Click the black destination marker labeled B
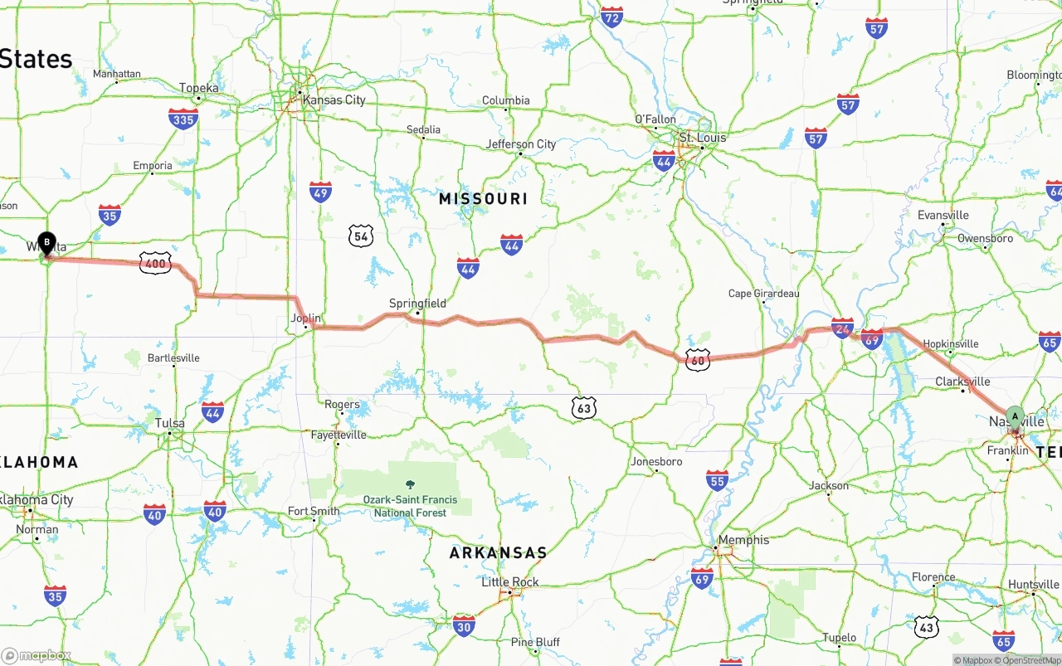pos(47,244)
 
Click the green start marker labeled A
pos(1014,416)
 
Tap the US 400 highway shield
pos(155,263)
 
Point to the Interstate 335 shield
pos(183,119)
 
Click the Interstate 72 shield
pos(611,17)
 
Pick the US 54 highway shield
pos(360,236)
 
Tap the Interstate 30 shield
pos(465,625)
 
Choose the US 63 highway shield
pos(583,407)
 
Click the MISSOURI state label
pos(483,199)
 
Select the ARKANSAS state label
pos(498,552)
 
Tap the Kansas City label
pos(334,100)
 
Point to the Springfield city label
pos(417,304)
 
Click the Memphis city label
pos(743,540)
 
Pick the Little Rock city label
pos(510,582)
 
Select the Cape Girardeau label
pos(763,294)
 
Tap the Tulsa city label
pos(170,423)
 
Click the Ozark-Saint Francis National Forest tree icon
pos(409,484)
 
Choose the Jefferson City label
pos(521,144)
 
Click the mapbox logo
pos(37,656)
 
